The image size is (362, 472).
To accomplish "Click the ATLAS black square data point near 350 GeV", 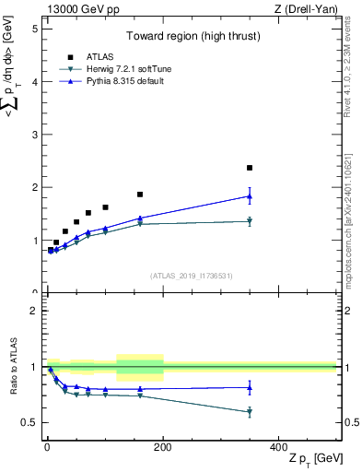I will tap(250, 168).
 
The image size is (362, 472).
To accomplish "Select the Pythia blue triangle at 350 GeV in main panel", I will tap(250, 196).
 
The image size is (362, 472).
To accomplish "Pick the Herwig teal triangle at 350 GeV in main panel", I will tap(250, 221).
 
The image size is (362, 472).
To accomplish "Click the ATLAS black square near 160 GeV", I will tap(140, 195).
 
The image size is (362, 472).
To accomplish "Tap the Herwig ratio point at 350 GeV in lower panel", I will tap(250, 412).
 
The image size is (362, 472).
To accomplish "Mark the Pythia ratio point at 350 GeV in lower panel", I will tap(250, 387).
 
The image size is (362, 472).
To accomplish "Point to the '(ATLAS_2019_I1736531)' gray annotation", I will tap(191, 276).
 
